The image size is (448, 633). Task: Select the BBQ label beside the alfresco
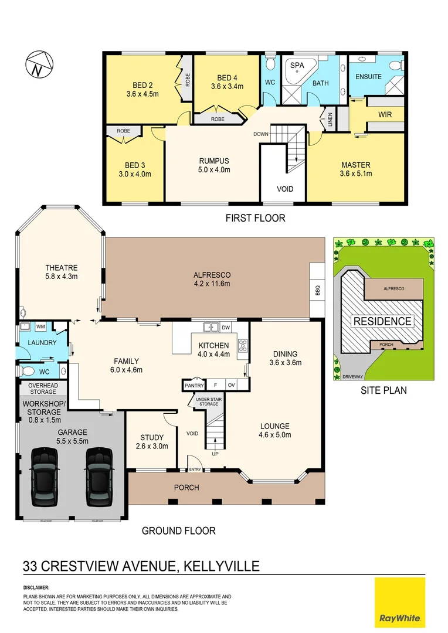point(317,290)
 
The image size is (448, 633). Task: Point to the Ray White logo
point(399,602)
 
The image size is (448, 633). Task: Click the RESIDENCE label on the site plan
point(382,321)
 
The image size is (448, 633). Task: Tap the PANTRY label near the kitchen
point(194,385)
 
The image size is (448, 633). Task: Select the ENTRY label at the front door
point(195,469)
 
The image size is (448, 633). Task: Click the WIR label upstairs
point(385,114)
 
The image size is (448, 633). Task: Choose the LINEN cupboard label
point(330,120)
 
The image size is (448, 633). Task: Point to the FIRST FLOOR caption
point(255,218)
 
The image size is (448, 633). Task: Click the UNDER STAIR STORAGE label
point(207,401)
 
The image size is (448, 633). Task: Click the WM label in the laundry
point(41,326)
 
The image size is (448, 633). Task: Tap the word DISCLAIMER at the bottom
point(36,587)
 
